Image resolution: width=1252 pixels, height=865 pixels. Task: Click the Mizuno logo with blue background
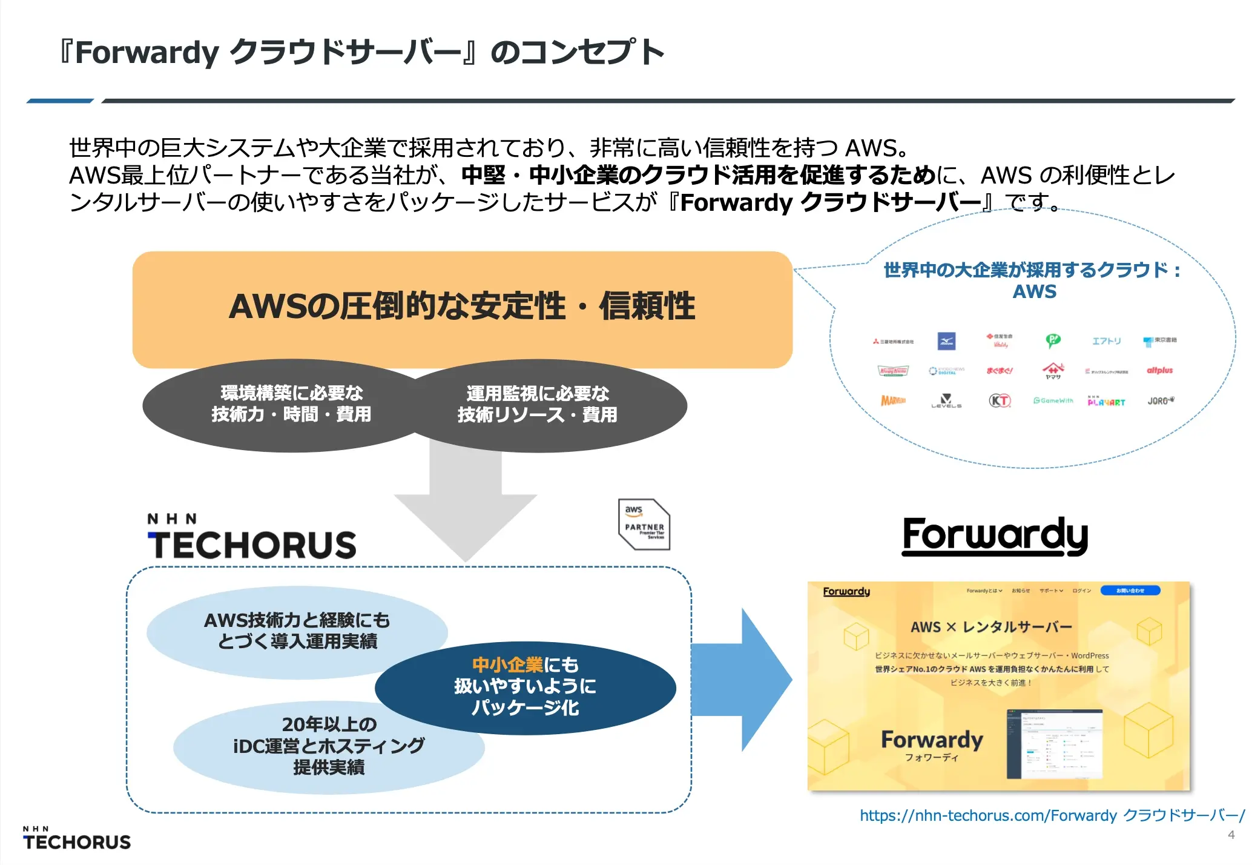coord(946,341)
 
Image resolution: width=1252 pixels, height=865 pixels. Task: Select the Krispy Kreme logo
coord(893,371)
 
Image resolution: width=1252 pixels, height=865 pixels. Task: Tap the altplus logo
coord(1159,370)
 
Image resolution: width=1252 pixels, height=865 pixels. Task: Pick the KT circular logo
coord(1000,400)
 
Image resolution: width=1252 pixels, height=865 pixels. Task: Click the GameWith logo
coord(1053,400)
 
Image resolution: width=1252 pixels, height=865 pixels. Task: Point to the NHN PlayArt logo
coord(1106,401)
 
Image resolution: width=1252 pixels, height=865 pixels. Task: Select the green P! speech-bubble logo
coord(1053,340)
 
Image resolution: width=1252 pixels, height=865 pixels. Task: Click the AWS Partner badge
coord(644,524)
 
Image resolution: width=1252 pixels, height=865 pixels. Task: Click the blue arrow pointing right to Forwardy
coord(745,680)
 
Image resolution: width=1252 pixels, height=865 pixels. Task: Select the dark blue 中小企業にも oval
coord(526,688)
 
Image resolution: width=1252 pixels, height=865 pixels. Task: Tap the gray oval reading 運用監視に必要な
coord(545,405)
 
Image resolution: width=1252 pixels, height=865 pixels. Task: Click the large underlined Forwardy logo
coord(995,535)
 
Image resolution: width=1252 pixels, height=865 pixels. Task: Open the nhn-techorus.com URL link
coord(1051,815)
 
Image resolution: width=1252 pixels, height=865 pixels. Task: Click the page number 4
coord(1231,835)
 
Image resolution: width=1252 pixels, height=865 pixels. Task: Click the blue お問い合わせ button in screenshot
coord(1130,591)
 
